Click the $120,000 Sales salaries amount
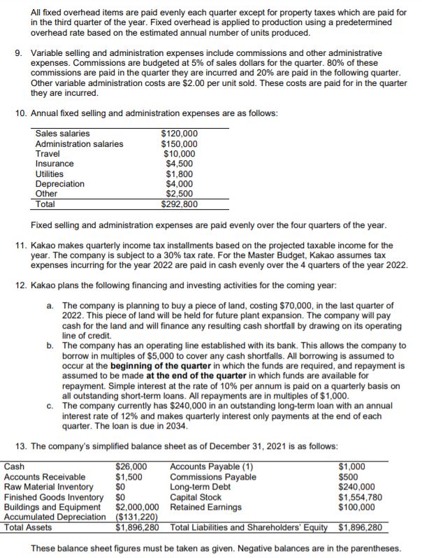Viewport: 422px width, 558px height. click(180, 134)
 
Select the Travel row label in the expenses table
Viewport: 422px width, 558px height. click(48, 153)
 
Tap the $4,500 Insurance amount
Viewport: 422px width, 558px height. click(182, 164)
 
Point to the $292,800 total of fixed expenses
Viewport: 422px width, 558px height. click(180, 204)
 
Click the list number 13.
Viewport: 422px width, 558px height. click(21, 445)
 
